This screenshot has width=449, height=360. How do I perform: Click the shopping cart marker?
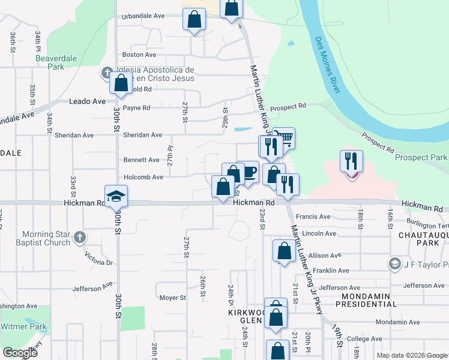click(x=285, y=138)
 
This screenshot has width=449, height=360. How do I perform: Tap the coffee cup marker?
click(x=248, y=172)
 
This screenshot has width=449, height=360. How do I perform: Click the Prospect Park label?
click(x=421, y=157)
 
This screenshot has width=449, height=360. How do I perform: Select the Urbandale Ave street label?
click(x=143, y=17)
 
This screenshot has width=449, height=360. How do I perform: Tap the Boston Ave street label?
click(x=135, y=55)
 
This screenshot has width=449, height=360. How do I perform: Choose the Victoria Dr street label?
click(x=99, y=262)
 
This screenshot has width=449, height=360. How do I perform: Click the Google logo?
click(x=20, y=353)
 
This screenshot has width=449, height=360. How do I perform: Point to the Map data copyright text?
click(x=411, y=355)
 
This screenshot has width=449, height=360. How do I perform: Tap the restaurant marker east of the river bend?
click(x=352, y=161)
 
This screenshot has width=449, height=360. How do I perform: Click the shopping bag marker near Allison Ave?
click(x=284, y=250)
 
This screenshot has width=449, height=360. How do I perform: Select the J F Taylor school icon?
click(x=394, y=263)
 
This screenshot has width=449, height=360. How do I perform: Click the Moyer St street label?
click(x=173, y=298)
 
